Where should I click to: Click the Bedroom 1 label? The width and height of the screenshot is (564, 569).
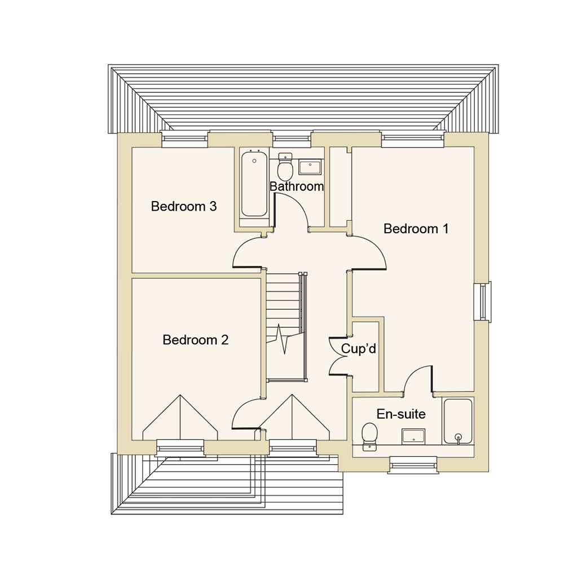click(416, 229)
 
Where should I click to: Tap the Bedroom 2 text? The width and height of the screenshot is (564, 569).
click(195, 340)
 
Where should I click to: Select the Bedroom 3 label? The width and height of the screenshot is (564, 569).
click(183, 207)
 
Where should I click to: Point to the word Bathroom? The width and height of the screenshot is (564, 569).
click(297, 186)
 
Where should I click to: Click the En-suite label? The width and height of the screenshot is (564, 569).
click(400, 415)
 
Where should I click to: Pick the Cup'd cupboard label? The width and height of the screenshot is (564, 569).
click(359, 349)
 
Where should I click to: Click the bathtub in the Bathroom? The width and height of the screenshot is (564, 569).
click(254, 184)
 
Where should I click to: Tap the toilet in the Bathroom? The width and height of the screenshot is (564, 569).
click(285, 167)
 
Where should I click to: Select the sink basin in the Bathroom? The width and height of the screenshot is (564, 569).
click(310, 167)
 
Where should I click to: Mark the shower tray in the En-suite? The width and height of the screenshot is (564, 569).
click(457, 421)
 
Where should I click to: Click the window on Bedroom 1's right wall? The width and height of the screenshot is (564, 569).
click(483, 302)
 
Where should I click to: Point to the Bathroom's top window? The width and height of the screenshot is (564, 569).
click(292, 137)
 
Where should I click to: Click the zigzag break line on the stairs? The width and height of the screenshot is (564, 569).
click(284, 338)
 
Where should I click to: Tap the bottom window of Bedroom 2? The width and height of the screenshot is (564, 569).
click(180, 447)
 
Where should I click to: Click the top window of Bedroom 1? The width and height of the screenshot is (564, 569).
click(412, 137)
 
